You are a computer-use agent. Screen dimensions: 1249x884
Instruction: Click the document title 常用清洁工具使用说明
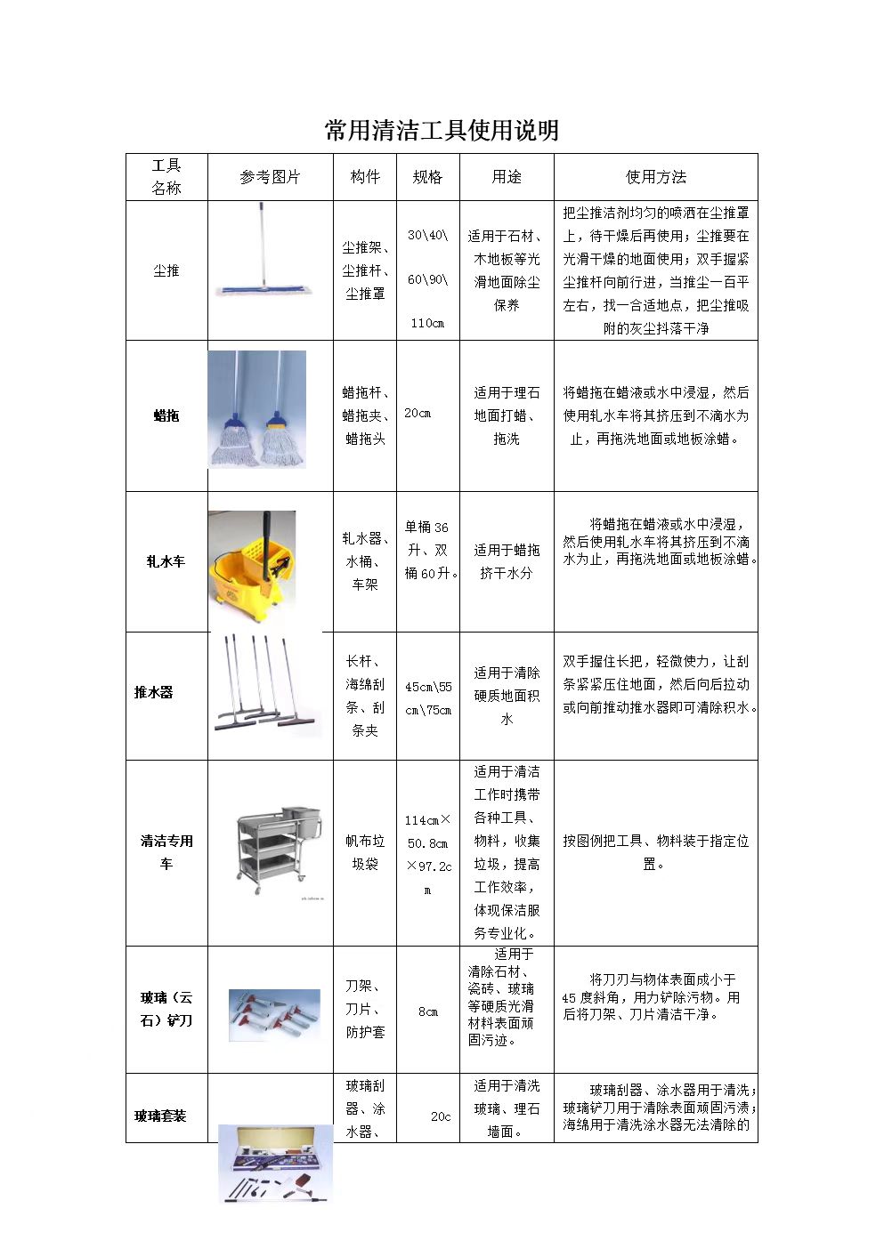pos(442,131)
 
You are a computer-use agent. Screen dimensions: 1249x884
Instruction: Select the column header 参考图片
pos(270,177)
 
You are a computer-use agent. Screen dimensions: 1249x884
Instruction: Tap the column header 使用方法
pos(655,177)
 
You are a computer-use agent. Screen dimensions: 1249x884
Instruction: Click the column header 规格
pos(427,177)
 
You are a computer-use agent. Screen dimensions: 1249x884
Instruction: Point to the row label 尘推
pos(166,270)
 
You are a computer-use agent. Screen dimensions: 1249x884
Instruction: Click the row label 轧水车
pos(166,561)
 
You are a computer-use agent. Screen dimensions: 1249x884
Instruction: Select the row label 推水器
pos(153,692)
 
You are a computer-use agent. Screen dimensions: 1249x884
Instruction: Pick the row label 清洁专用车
pos(166,852)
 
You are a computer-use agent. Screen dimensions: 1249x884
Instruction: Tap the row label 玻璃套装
pos(160,1116)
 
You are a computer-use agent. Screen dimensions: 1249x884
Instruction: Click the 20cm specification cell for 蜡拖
pos(418,413)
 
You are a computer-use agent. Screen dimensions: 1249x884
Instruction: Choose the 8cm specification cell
pos(428,1011)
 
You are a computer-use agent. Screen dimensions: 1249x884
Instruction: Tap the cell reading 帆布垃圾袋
pos(365,852)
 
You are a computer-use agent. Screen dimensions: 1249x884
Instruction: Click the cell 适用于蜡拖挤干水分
pos(507,561)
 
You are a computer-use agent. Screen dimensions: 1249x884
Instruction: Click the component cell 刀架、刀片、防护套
pos(365,1009)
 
